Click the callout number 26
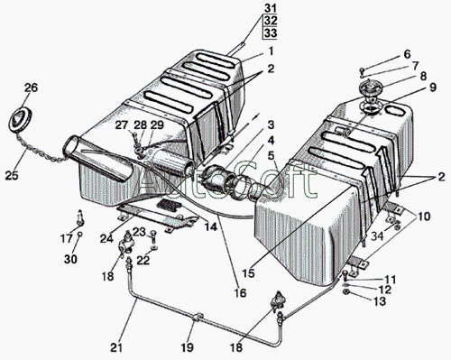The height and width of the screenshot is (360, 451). [x=31, y=88]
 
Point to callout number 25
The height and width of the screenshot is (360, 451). [x=12, y=175]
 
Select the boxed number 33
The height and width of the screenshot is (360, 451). [x=271, y=32]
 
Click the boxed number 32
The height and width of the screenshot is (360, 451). [x=271, y=21]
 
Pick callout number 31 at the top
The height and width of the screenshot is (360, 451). [x=271, y=8]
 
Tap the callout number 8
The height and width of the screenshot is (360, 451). [x=423, y=76]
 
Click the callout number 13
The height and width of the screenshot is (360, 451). [x=380, y=300]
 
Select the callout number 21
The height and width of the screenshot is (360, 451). [x=116, y=347]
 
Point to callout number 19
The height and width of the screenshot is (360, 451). [x=187, y=347]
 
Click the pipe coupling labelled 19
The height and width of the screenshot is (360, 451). [x=198, y=317]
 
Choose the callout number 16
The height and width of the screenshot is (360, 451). [x=240, y=292]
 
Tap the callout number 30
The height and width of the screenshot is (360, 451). [x=70, y=259]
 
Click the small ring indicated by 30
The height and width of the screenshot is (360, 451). [x=80, y=235]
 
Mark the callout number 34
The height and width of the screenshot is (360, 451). [x=377, y=235]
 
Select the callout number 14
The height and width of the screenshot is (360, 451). [x=211, y=226]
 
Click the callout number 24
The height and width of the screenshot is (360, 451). [x=106, y=238]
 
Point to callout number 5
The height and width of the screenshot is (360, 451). [x=272, y=155]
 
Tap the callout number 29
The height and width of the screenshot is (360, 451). [x=157, y=125]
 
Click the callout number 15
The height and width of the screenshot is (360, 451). [x=249, y=273]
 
